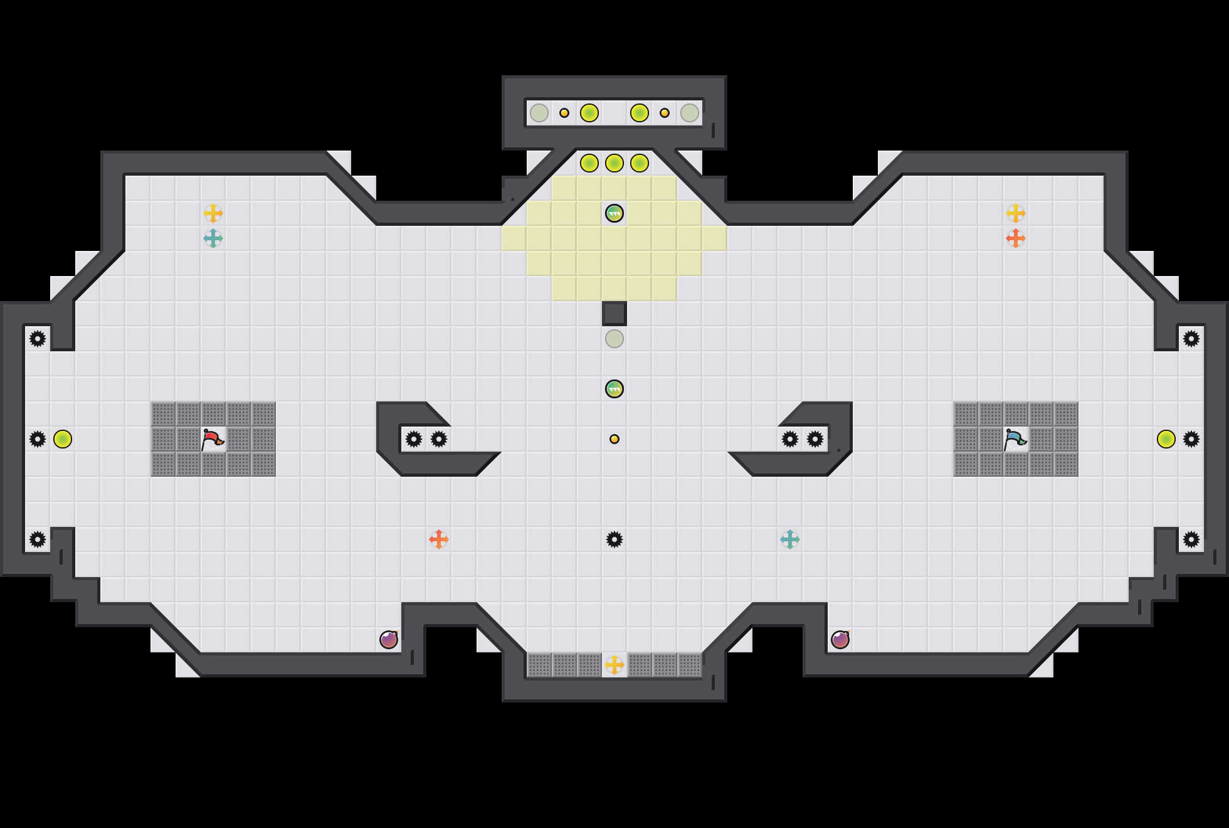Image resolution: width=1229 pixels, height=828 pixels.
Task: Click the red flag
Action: (x=213, y=439)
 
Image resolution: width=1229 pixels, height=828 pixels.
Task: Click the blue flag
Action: (x=1015, y=439)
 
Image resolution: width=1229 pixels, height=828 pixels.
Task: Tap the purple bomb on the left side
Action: (x=389, y=640)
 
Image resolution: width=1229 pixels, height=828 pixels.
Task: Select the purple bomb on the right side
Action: (x=840, y=640)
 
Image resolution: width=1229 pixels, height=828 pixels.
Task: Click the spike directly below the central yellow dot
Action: (x=614, y=539)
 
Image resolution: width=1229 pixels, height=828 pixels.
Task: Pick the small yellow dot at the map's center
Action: (x=614, y=439)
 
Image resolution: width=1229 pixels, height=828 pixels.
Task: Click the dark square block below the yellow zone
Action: (x=614, y=314)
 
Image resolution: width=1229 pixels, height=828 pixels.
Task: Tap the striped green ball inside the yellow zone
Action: (x=614, y=213)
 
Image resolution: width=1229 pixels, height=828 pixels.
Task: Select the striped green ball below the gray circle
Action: (x=614, y=389)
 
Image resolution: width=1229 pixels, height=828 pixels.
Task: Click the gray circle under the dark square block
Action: (x=614, y=339)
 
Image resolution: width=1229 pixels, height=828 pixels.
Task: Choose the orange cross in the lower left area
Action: (x=439, y=539)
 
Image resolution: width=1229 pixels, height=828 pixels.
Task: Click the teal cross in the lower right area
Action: (x=790, y=539)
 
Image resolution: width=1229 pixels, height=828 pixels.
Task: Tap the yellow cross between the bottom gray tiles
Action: (x=614, y=665)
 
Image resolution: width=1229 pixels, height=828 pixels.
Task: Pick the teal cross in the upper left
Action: (x=213, y=238)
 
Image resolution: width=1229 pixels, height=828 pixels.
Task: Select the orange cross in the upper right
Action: (x=1016, y=238)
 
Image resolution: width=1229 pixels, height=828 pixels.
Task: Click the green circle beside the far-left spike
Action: (x=63, y=439)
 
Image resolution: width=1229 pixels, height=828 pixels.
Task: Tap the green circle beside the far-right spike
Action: (x=1166, y=439)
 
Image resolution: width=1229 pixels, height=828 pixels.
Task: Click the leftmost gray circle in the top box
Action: (x=539, y=113)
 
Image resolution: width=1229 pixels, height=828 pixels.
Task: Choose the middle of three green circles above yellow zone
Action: (x=614, y=163)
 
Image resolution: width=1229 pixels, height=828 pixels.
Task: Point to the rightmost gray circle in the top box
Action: (x=690, y=113)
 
